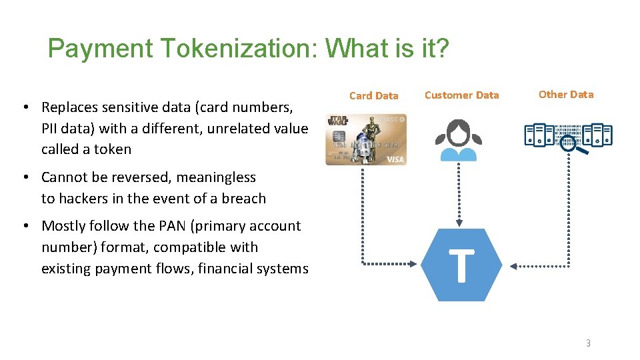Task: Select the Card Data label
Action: pyautogui.click(x=373, y=95)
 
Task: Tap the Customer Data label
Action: pyautogui.click(x=461, y=95)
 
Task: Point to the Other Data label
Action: pyautogui.click(x=566, y=94)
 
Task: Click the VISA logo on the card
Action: pyautogui.click(x=395, y=159)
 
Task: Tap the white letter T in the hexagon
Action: pyautogui.click(x=461, y=265)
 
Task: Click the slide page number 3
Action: pyautogui.click(x=588, y=343)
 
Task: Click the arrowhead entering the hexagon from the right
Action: pyautogui.click(x=513, y=266)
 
